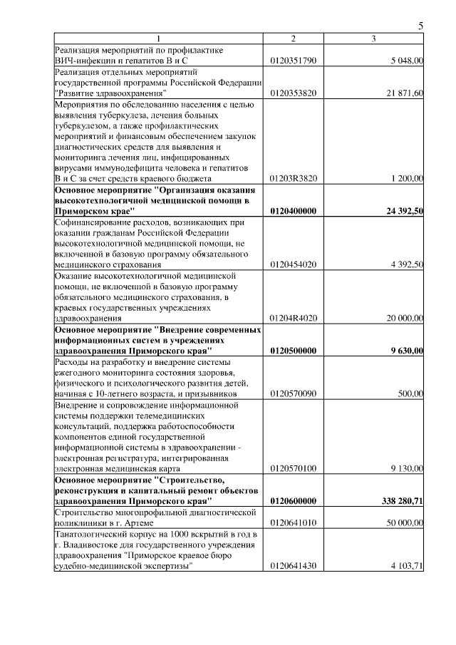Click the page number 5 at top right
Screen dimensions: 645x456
(x=420, y=26)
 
